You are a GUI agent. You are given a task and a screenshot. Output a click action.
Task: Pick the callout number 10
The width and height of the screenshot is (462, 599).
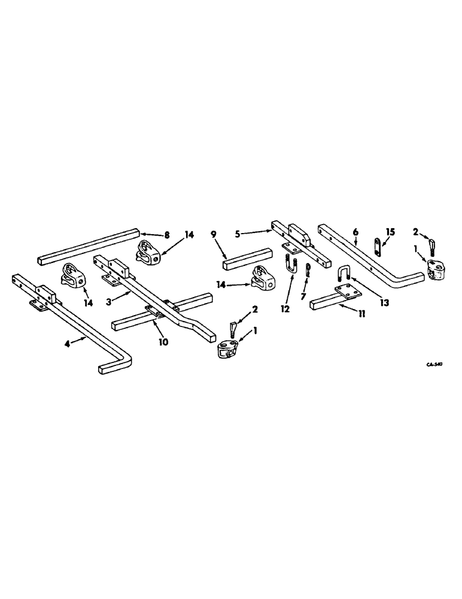163,343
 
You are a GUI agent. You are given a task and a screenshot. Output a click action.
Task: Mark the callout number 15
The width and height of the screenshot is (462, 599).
390,231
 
